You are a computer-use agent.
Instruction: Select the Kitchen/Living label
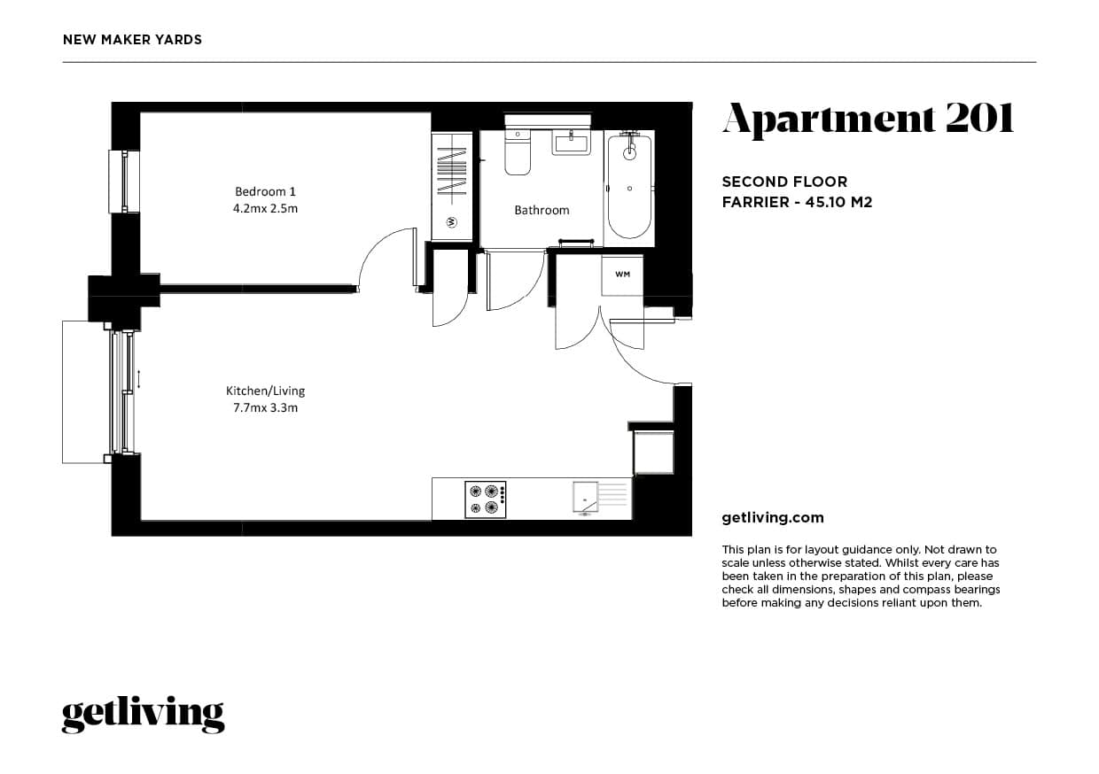(x=265, y=391)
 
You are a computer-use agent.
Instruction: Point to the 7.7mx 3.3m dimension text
(x=265, y=408)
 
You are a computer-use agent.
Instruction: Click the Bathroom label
(x=542, y=210)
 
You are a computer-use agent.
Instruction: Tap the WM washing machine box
(x=622, y=275)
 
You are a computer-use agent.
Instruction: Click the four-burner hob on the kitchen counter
(x=486, y=499)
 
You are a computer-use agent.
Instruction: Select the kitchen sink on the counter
(x=585, y=497)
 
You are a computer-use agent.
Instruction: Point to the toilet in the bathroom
(x=517, y=153)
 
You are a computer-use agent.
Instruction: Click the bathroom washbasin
(x=572, y=142)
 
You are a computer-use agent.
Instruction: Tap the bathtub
(x=629, y=186)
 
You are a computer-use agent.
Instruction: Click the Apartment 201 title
(x=868, y=120)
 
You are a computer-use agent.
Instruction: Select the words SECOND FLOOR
(x=784, y=182)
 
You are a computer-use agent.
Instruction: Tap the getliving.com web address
(x=773, y=518)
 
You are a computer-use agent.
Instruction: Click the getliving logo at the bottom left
(x=143, y=714)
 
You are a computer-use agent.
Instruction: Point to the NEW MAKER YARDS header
(x=133, y=40)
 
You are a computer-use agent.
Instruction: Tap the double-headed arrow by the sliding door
(x=138, y=380)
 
